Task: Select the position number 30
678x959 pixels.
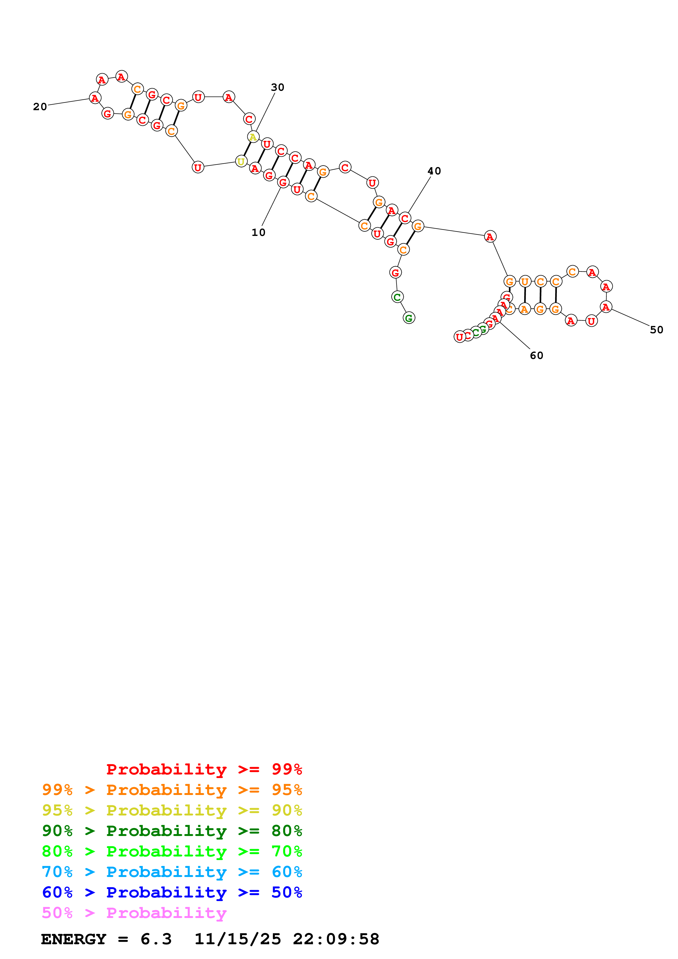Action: [x=277, y=87]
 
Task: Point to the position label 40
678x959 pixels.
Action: [x=434, y=171]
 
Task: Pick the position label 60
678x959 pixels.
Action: [x=536, y=355]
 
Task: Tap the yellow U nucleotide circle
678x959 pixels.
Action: [x=241, y=161]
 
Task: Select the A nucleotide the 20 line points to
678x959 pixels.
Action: [x=95, y=98]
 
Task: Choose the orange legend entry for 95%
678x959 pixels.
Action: [x=172, y=790]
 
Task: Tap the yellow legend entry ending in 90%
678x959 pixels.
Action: [x=172, y=810]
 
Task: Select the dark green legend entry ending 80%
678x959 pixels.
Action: [x=172, y=831]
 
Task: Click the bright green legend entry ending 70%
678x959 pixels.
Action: [x=172, y=851]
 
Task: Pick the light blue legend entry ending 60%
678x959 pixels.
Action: [x=172, y=872]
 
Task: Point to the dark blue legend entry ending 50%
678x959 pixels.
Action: [x=172, y=892]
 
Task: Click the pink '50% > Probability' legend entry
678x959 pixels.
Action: [x=134, y=913]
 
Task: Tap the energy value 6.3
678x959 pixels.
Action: [x=156, y=939]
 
